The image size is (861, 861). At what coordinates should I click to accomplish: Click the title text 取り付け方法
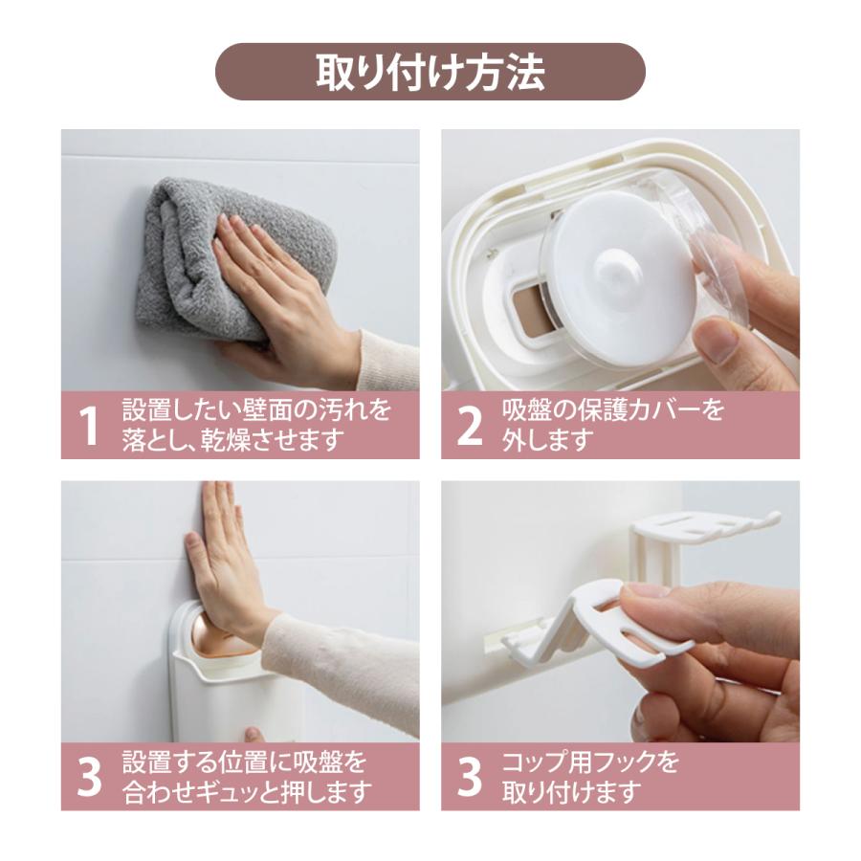[430, 72]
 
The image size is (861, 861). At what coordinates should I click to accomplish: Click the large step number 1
[88, 426]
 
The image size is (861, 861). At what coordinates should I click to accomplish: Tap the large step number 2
[470, 426]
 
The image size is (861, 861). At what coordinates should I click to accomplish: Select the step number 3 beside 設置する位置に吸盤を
[89, 778]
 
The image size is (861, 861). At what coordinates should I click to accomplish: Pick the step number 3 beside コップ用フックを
[470, 778]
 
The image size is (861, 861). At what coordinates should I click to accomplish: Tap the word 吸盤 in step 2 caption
[528, 410]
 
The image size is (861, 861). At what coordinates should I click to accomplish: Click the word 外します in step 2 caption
[548, 440]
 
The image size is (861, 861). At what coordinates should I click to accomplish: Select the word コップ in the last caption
[542, 762]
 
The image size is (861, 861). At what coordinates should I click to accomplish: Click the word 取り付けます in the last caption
[572, 792]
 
